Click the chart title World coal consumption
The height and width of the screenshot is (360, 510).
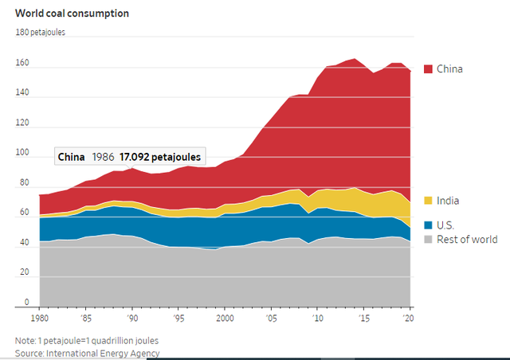72,14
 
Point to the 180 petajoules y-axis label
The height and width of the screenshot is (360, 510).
41,33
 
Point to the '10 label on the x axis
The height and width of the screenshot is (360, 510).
317,318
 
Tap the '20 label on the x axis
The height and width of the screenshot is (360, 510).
410,318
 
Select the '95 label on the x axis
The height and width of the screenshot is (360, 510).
178,318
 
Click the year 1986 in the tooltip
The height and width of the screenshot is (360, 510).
103,157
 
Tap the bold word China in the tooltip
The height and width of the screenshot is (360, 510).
71,157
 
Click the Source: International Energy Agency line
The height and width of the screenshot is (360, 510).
88,353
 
